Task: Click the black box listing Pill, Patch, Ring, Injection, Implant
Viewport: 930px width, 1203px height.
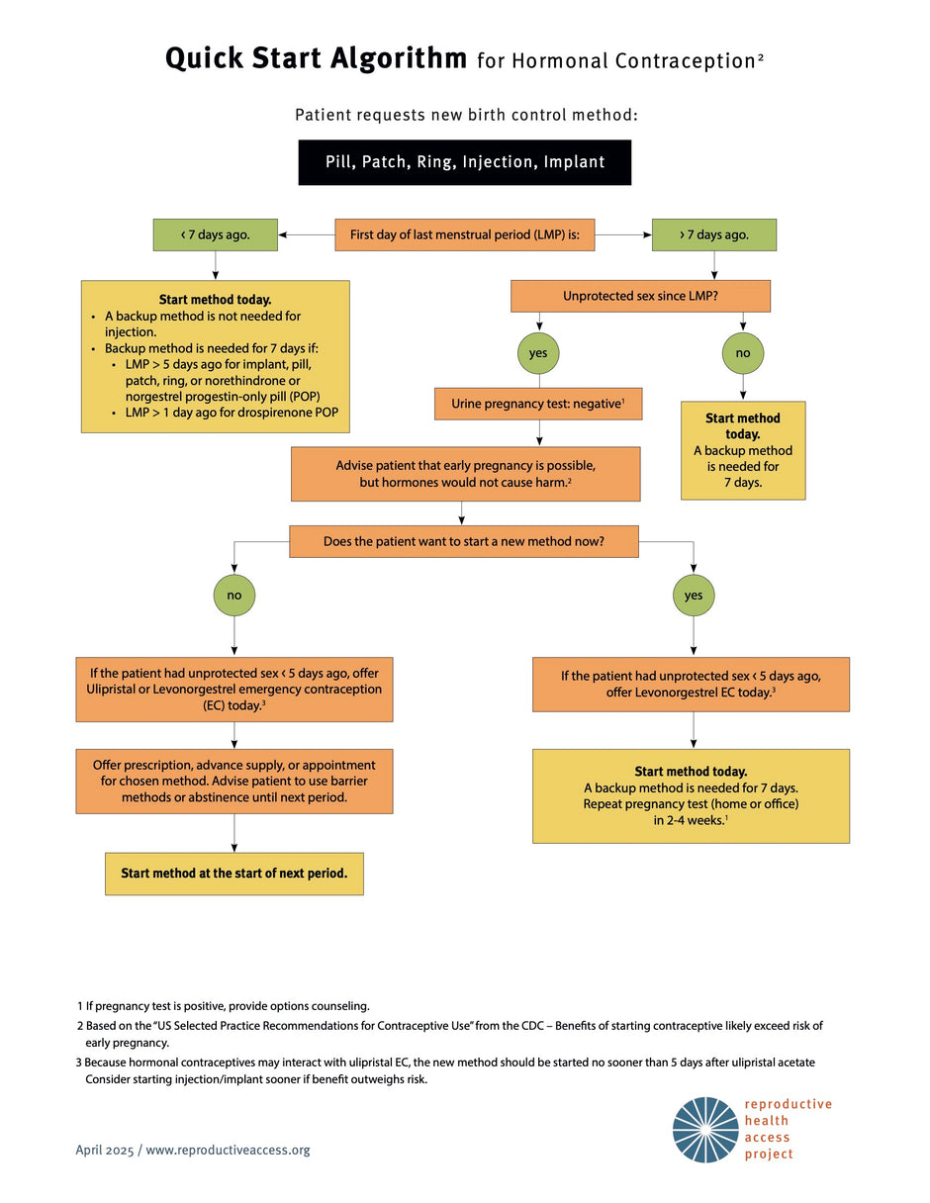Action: [x=464, y=162]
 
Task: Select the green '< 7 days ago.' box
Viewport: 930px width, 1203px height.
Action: [x=215, y=234]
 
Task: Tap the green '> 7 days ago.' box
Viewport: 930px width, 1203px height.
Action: [x=713, y=234]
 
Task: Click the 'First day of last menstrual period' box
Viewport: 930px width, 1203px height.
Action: [x=465, y=234]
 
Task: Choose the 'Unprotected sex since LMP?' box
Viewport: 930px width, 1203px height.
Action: [x=639, y=296]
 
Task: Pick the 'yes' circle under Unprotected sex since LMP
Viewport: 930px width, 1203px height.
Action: [x=539, y=352]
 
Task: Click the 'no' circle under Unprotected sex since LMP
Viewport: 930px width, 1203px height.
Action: [x=743, y=352]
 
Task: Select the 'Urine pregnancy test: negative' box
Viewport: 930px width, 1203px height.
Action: [x=538, y=404]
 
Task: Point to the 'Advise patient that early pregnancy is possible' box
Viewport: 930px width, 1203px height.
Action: [x=465, y=474]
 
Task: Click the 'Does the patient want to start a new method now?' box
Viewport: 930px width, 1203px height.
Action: [x=463, y=541]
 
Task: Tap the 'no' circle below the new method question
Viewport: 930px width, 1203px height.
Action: [x=234, y=596]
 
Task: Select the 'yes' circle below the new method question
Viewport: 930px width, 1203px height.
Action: [x=693, y=596]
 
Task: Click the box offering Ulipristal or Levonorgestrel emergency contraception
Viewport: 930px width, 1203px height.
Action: [x=234, y=689]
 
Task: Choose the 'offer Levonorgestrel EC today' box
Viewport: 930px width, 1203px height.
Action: [x=691, y=684]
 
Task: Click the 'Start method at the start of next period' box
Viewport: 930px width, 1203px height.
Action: [x=234, y=874]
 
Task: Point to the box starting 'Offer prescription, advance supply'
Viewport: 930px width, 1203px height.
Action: [x=234, y=781]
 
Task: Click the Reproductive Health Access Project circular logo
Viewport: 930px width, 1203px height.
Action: [x=705, y=1130]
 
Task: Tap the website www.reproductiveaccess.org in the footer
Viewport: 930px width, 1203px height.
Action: [x=228, y=1150]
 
